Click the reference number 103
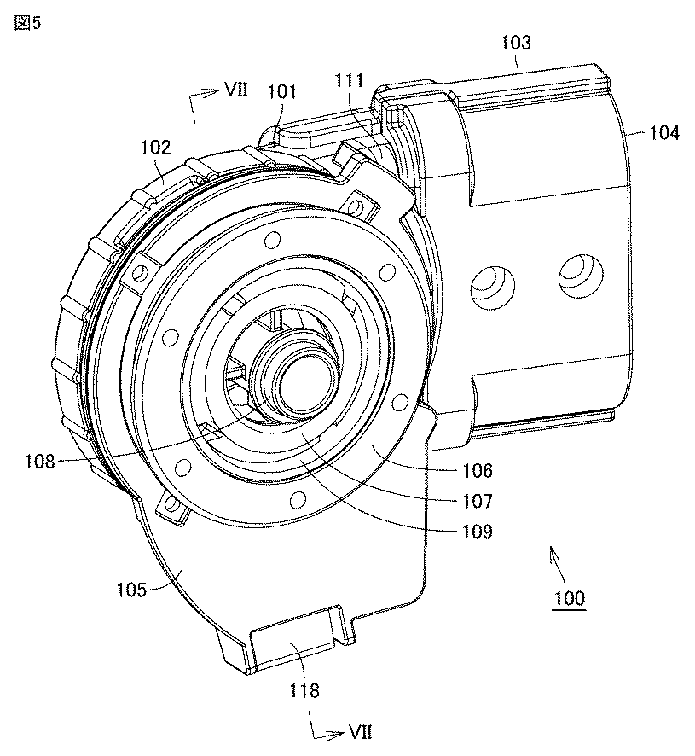click(x=516, y=43)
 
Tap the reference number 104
click(x=664, y=132)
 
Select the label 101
click(x=281, y=91)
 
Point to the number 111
click(x=349, y=80)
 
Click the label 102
click(x=156, y=147)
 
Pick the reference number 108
click(x=40, y=461)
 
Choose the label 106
click(x=478, y=470)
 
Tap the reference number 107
click(x=478, y=501)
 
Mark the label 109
click(x=478, y=532)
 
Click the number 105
click(x=132, y=590)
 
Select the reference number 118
click(x=304, y=690)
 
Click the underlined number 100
click(x=570, y=598)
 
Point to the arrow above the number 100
click(x=559, y=563)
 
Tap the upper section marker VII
click(x=236, y=90)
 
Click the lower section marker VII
click(x=361, y=733)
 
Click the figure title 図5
click(x=27, y=23)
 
